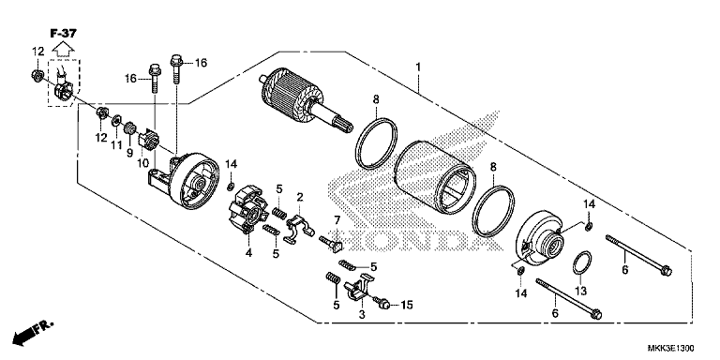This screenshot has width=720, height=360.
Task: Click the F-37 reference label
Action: point(65,31)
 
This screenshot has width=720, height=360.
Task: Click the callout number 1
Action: point(419,67)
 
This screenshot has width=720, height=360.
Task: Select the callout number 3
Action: point(360,315)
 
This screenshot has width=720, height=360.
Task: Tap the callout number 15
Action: point(407,305)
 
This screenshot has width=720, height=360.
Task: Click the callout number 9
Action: point(130,152)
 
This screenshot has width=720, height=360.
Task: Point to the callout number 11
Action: point(116,145)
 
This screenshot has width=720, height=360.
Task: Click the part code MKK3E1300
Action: point(679,349)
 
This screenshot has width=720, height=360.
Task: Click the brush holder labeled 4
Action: point(250,213)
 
